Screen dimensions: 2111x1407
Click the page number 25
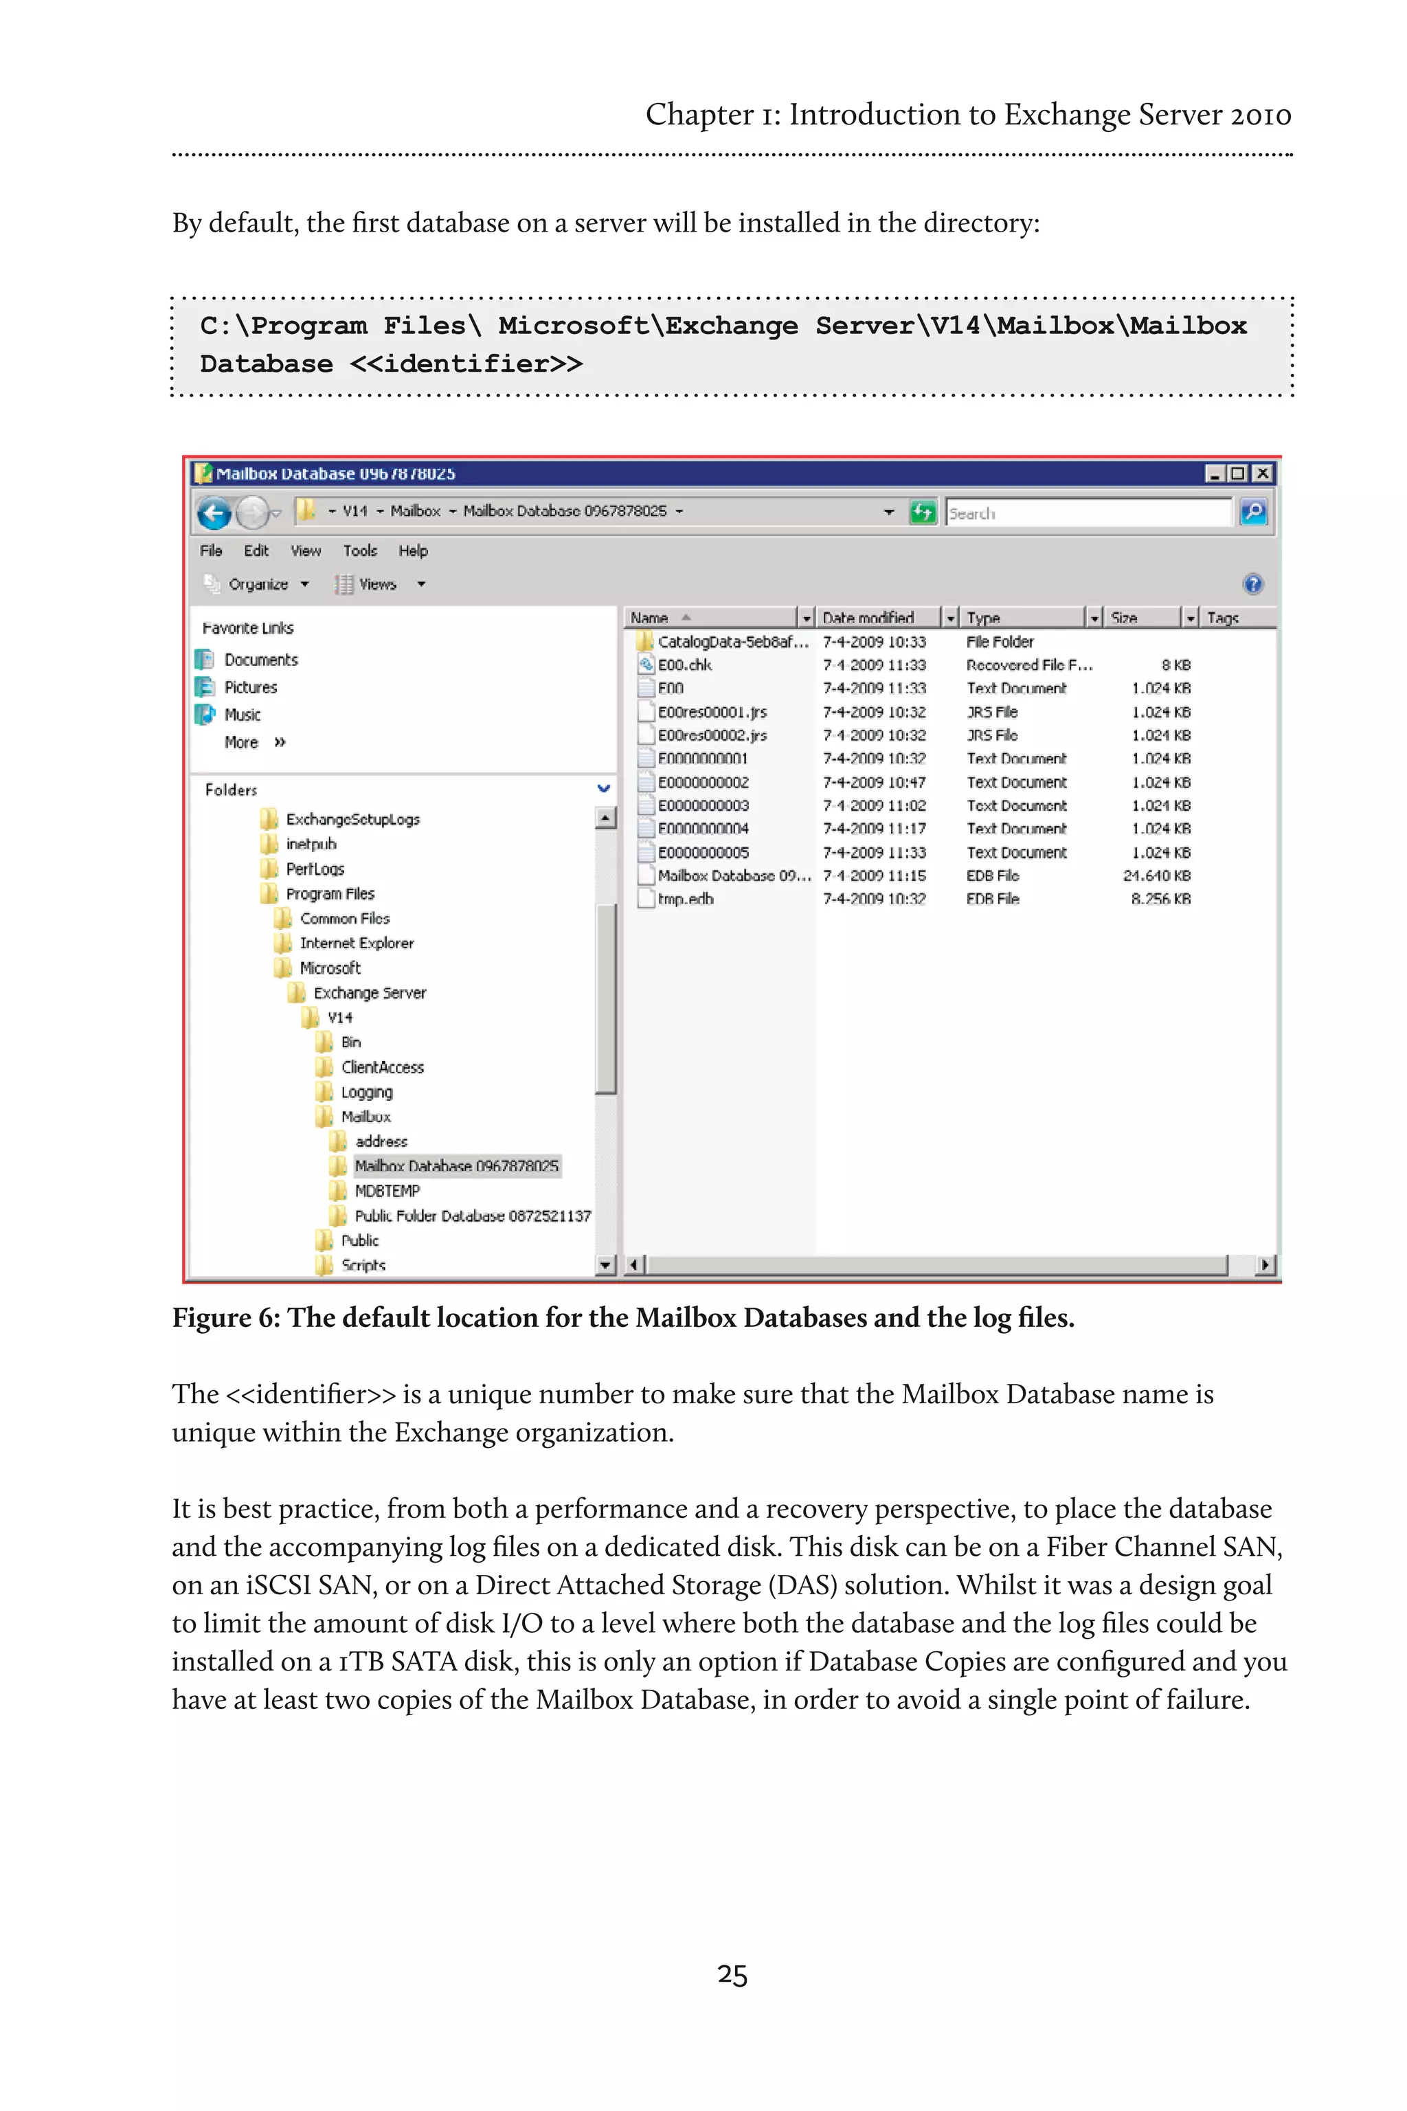[x=732, y=1974]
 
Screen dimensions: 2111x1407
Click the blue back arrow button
[x=214, y=513]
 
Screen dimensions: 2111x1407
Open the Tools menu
[x=360, y=550]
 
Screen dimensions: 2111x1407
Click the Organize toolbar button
[x=258, y=584]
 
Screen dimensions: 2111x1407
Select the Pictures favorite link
[x=250, y=687]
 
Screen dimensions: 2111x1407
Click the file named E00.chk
[x=685, y=665]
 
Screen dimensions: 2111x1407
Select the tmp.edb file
[x=686, y=898]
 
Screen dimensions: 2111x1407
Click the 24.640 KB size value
[x=1157, y=875]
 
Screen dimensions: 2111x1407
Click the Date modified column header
[x=868, y=618]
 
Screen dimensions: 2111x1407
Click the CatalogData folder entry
[x=732, y=642]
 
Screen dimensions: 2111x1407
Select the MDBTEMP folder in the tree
[x=387, y=1191]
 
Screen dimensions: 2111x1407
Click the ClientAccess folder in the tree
[x=382, y=1067]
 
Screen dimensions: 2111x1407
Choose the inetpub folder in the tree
[x=311, y=844]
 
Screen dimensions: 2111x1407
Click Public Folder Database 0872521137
[x=472, y=1215]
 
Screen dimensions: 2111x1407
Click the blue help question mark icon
[x=1252, y=584]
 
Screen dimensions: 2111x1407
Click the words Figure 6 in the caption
[x=225, y=1317]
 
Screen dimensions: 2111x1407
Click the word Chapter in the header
[x=699, y=114]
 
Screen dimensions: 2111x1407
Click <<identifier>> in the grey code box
[x=466, y=364]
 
